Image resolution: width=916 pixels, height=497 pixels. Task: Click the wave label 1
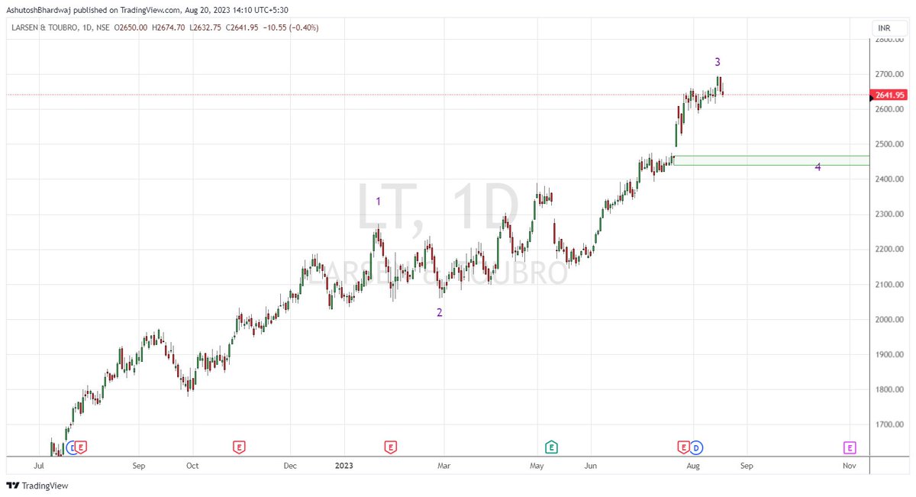pyautogui.click(x=378, y=202)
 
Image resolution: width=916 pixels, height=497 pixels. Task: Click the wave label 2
pyautogui.click(x=439, y=312)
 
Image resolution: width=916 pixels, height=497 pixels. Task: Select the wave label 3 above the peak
pyautogui.click(x=718, y=62)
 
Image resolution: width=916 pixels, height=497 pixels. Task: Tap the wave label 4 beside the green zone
pyautogui.click(x=818, y=167)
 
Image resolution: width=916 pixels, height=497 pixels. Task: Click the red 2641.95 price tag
pyautogui.click(x=889, y=95)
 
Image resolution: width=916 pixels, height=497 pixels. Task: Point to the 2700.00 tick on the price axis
pyautogui.click(x=890, y=74)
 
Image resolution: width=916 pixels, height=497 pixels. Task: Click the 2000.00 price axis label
pyautogui.click(x=890, y=320)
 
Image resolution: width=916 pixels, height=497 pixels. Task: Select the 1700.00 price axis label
pyautogui.click(x=890, y=425)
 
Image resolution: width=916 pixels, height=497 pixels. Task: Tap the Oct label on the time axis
pyautogui.click(x=192, y=465)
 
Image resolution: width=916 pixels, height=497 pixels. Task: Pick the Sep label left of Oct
pyautogui.click(x=138, y=465)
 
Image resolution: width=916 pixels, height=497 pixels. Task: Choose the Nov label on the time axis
pyautogui.click(x=849, y=465)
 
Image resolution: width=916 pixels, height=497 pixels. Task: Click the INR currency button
pyautogui.click(x=884, y=28)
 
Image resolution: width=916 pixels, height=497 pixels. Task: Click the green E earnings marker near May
pyautogui.click(x=550, y=447)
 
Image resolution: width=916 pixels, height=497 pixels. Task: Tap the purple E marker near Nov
pyautogui.click(x=850, y=447)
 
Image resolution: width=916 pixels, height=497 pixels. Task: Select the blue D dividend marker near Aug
pyautogui.click(x=697, y=447)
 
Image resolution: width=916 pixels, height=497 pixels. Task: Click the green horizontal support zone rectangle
pyautogui.click(x=763, y=160)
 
